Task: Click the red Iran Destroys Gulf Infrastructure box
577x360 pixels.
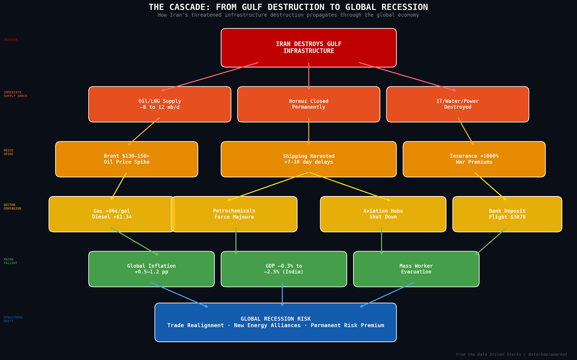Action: pyautogui.click(x=308, y=48)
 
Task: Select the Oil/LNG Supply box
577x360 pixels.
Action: pyautogui.click(x=160, y=104)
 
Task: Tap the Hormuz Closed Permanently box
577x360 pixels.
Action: pyautogui.click(x=308, y=104)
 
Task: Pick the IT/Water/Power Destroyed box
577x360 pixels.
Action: pyautogui.click(x=457, y=104)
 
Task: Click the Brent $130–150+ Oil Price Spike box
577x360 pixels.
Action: pyautogui.click(x=126, y=159)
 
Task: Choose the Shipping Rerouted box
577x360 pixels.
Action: pyautogui.click(x=308, y=159)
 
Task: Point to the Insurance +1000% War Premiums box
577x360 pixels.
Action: pyautogui.click(x=474, y=159)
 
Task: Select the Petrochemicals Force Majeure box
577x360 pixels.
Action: pyautogui.click(x=234, y=214)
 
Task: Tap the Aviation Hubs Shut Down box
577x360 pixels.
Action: pyautogui.click(x=383, y=214)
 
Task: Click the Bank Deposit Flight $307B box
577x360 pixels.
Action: pyautogui.click(x=507, y=214)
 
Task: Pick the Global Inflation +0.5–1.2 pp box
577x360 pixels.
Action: pyautogui.click(x=151, y=269)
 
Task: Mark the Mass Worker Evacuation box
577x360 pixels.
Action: pyautogui.click(x=416, y=269)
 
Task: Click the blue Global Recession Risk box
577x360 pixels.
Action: pyautogui.click(x=275, y=322)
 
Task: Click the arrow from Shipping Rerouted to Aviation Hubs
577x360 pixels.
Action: pyautogui.click(x=349, y=187)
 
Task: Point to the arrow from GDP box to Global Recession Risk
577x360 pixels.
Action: pyautogui.click(x=282, y=295)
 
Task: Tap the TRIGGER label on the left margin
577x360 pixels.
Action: pyautogui.click(x=11, y=40)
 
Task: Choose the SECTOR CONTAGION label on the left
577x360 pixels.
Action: pyautogui.click(x=12, y=207)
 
